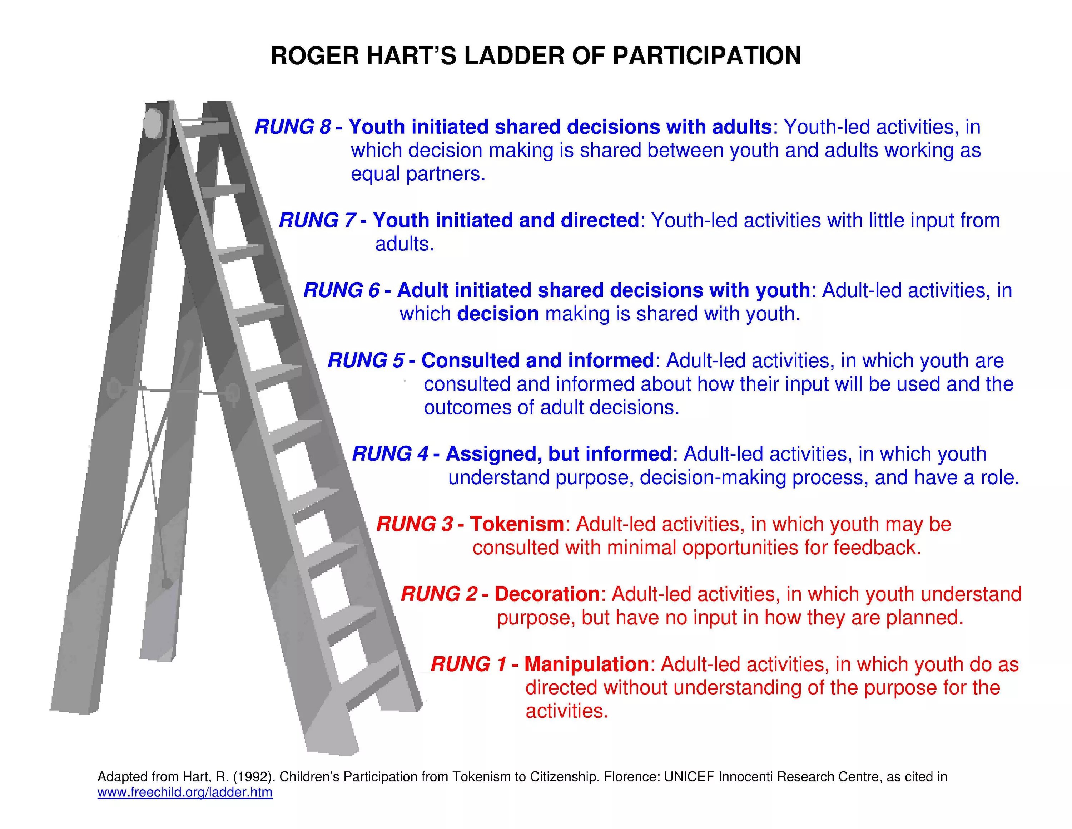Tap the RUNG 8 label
293,127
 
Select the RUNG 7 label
317,221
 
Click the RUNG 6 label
341,290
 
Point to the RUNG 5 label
366,360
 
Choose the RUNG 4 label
390,454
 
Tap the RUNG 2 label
439,594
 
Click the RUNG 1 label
468,664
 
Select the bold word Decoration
547,594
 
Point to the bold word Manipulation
586,664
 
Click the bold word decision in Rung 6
498,314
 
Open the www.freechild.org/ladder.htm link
185,792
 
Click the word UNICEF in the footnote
689,777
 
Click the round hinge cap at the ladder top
154,123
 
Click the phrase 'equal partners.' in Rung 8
418,174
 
